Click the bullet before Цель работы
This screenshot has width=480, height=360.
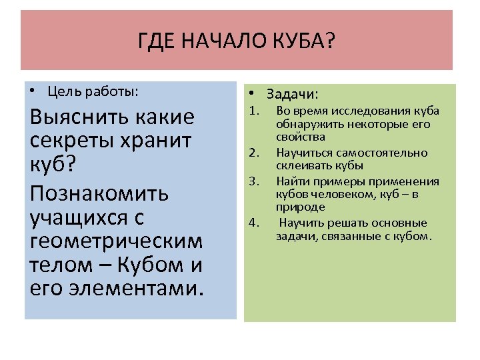point(33,91)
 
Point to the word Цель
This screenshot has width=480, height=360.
point(64,91)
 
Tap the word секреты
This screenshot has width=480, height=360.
point(74,141)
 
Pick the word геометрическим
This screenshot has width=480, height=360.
point(116,241)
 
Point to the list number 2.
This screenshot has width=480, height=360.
point(253,153)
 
